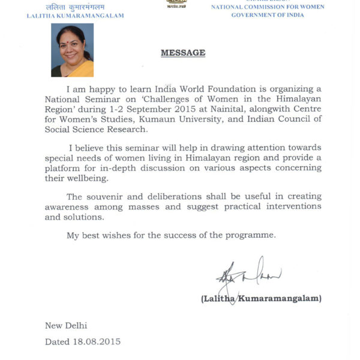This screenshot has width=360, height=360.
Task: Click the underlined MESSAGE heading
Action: pyautogui.click(x=183, y=53)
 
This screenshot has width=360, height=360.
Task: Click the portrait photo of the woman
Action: pyautogui.click(x=72, y=50)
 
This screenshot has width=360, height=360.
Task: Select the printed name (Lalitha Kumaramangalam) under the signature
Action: pyautogui.click(x=262, y=298)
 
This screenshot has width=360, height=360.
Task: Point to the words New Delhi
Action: pyautogui.click(x=66, y=326)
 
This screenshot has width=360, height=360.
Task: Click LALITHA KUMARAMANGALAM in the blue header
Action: pyautogui.click(x=76, y=16)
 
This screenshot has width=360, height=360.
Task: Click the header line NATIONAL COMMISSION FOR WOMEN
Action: pyautogui.click(x=268, y=7)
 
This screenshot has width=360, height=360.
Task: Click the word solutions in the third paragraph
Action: pyautogui.click(x=84, y=217)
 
